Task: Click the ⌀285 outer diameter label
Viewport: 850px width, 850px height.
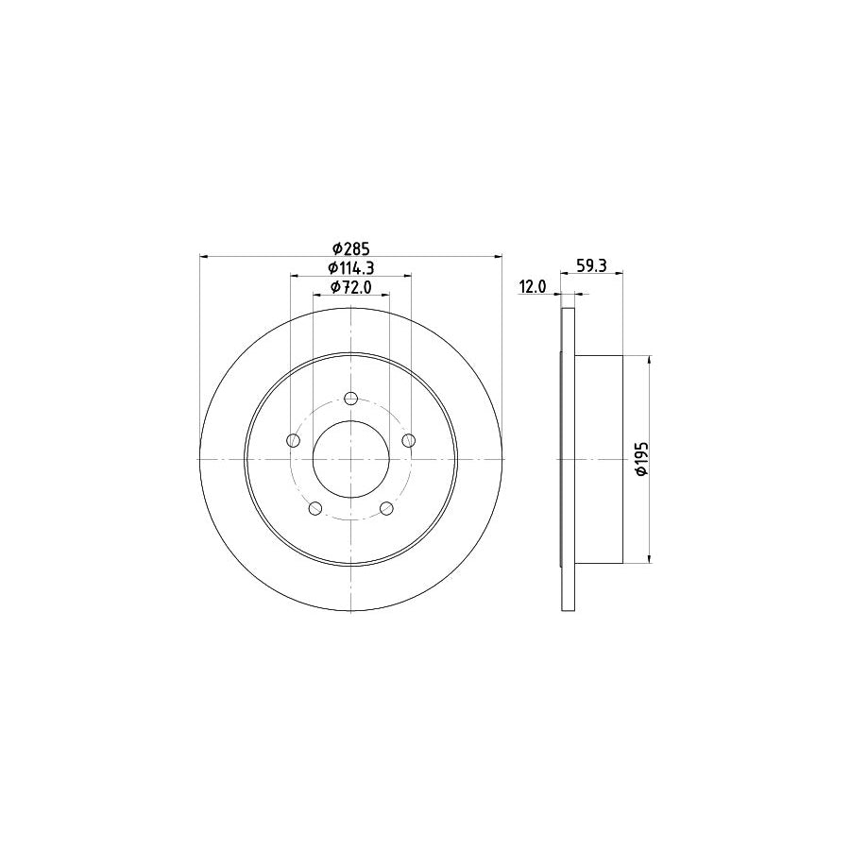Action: (349, 249)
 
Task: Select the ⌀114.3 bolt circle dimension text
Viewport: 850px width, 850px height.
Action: (349, 268)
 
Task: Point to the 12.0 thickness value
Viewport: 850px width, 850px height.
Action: (532, 287)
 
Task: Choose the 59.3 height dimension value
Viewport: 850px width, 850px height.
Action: (590, 267)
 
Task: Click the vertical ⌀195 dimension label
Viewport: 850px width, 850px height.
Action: (641, 459)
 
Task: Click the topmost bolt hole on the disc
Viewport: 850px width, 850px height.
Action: (350, 398)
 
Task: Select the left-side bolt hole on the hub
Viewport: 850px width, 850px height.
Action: (293, 441)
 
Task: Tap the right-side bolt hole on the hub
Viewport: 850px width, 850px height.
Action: (408, 441)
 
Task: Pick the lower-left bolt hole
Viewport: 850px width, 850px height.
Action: (315, 509)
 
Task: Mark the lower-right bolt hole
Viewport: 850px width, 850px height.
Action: (386, 509)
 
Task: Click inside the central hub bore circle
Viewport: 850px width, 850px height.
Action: (350, 459)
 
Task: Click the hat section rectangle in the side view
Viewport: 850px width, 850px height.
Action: (599, 459)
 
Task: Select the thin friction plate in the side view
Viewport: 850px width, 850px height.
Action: (568, 459)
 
